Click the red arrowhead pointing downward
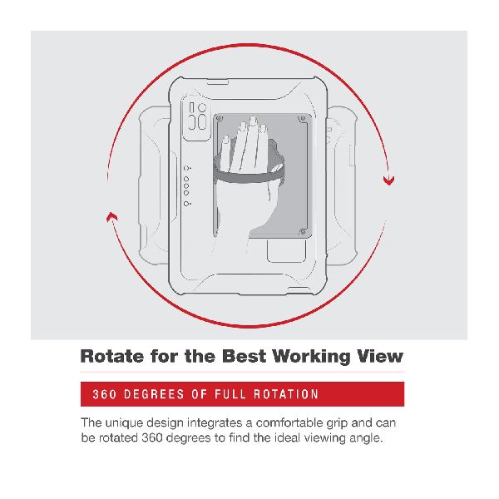click(388, 180)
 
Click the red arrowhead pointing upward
click(111, 217)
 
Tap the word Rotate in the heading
click(112, 356)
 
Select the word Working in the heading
click(312, 357)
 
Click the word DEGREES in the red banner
click(154, 394)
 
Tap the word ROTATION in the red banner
click(286, 394)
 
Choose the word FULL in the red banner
click(230, 394)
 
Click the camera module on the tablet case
click(196, 118)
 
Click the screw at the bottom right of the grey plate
click(303, 232)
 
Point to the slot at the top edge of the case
click(218, 82)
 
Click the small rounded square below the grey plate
click(286, 250)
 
